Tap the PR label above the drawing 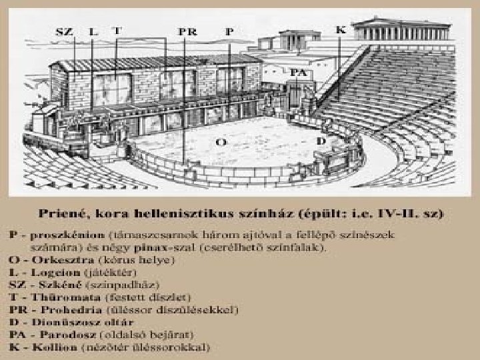point(188,31)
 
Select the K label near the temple point(341,30)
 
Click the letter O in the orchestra point(221,142)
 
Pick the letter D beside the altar point(321,141)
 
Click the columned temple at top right point(403,30)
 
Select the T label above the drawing point(117,30)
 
